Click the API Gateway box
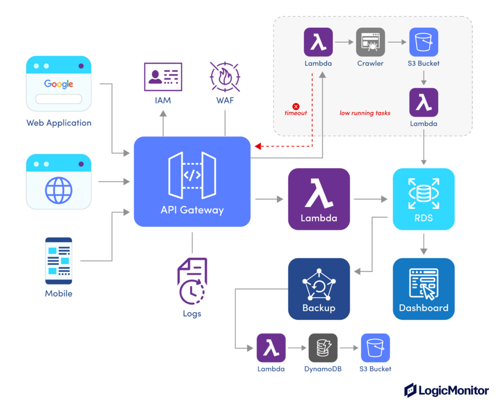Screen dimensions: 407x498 point(192,181)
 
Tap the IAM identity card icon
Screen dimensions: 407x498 point(163,77)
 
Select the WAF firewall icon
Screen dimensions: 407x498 point(225,77)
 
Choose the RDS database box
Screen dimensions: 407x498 point(424,199)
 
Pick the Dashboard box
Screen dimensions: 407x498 point(424,289)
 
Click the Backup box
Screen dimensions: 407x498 point(319,289)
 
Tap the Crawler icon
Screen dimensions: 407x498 point(371,42)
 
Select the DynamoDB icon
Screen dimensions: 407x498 point(323,348)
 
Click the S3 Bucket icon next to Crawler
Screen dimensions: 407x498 point(424,42)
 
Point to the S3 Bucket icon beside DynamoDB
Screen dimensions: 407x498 point(375,348)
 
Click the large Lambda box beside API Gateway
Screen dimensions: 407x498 point(319,199)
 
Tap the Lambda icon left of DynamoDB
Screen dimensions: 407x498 point(271,348)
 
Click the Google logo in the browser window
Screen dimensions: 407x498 point(59,84)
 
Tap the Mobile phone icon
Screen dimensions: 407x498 point(58,261)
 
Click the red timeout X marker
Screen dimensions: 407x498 point(296,106)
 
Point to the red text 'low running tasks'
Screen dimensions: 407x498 point(365,113)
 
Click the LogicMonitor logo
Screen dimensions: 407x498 point(446,390)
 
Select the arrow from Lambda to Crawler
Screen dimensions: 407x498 point(344,42)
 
